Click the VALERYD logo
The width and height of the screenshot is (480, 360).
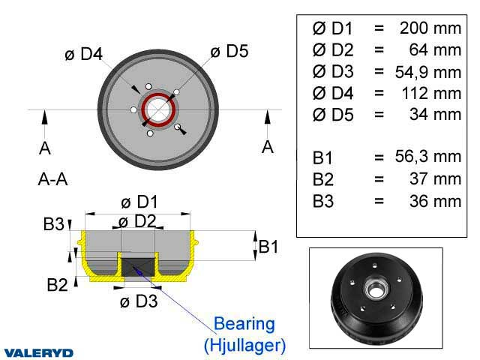39,353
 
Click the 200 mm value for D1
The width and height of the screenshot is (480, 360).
430,28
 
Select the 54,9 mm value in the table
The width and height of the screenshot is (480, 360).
428,72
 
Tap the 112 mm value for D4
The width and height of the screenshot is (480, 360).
431,93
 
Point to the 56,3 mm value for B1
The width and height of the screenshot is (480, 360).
428,157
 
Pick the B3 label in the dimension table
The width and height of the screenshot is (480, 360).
323,202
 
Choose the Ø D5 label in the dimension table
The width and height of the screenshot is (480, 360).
333,115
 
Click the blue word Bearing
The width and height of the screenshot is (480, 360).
244,324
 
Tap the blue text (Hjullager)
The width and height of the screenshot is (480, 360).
245,345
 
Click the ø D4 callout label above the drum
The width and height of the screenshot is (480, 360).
83,54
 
